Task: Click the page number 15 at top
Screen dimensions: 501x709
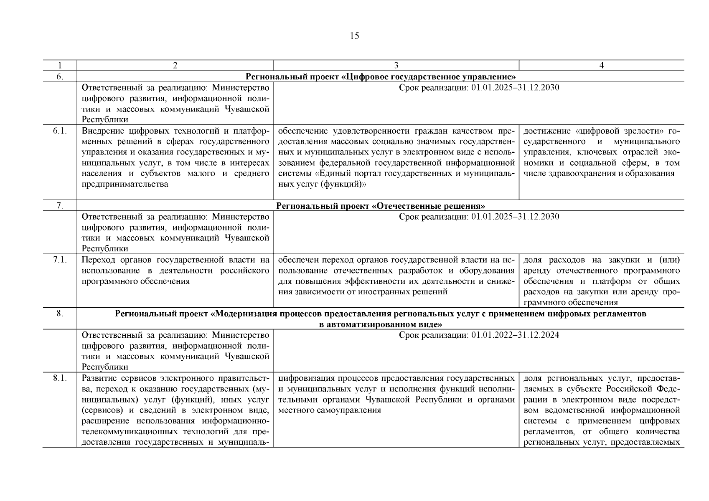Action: pyautogui.click(x=354, y=36)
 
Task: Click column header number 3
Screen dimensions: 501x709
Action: pyautogui.click(x=396, y=66)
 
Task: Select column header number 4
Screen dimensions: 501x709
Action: pyautogui.click(x=601, y=66)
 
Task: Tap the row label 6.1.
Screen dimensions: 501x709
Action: pyautogui.click(x=60, y=131)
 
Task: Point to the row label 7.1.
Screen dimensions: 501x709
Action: pyautogui.click(x=60, y=260)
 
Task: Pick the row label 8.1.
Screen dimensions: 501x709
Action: pyautogui.click(x=60, y=378)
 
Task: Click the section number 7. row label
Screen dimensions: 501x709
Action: pyautogui.click(x=60, y=205)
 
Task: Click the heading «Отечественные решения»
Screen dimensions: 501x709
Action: pyautogui.click(x=428, y=206)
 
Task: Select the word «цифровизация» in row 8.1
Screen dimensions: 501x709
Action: pyautogui.click(x=303, y=378)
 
